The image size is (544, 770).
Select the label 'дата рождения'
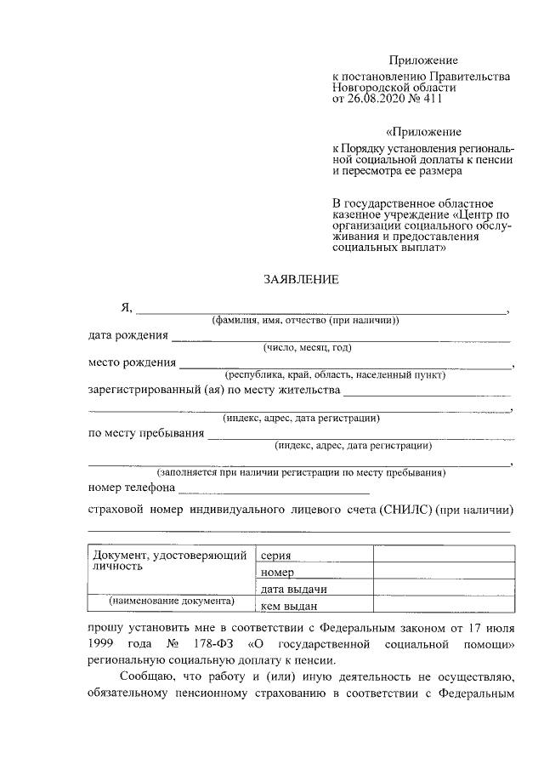click(127, 335)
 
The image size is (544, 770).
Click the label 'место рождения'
click(131, 363)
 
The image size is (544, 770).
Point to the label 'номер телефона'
click(131, 488)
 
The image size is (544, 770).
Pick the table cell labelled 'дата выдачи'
click(294, 589)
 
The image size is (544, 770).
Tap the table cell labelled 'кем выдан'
click(289, 605)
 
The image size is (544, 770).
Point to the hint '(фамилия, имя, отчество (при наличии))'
click(306, 320)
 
